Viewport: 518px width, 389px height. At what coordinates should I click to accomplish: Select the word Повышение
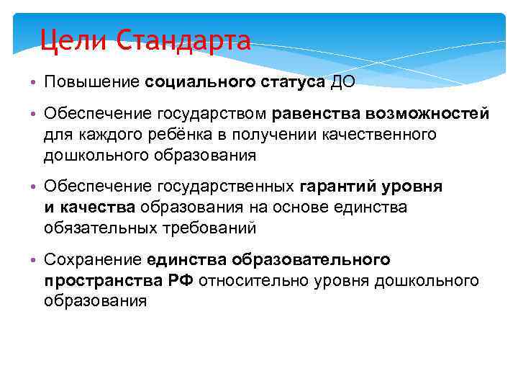[x=91, y=81]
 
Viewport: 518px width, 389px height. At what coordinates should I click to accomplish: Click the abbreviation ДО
[x=342, y=81]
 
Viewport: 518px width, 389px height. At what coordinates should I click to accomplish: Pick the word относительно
[x=247, y=280]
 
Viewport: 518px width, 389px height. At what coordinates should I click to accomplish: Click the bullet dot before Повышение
[x=33, y=82]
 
